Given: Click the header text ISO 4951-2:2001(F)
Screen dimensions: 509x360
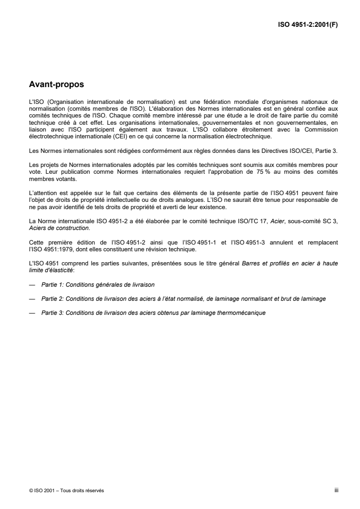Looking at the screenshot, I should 308,25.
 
